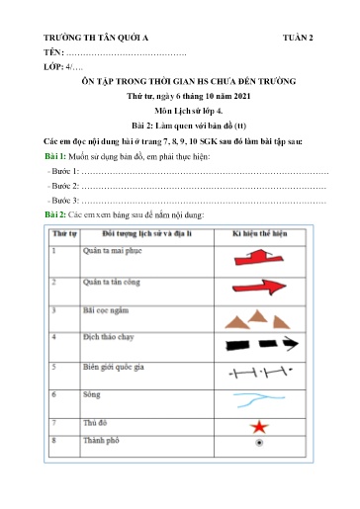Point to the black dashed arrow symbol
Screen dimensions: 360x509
tap(259, 346)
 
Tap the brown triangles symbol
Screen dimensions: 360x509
tap(258, 318)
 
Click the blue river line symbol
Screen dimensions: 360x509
tap(259, 402)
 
